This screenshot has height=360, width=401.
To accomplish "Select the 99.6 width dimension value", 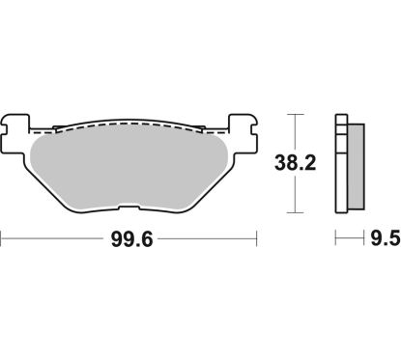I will tap(129, 236).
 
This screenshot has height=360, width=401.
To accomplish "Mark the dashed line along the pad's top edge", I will tap(129, 125).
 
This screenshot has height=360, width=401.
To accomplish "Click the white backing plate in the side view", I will tap(339, 164).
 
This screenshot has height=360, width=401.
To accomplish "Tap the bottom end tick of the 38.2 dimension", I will tap(299, 212).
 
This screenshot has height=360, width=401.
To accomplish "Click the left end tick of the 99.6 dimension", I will tap(3, 236).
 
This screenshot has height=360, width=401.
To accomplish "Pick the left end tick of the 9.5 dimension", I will tap(335, 236).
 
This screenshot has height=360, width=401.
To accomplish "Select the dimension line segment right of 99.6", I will tap(208, 236).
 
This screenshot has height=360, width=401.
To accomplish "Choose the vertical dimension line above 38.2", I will tap(299, 135).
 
